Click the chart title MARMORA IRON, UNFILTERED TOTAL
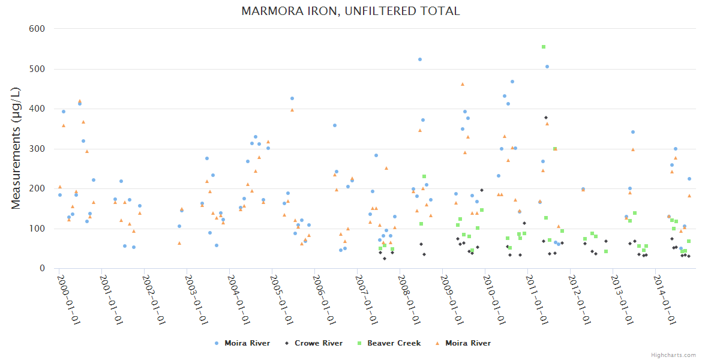pos(350,11)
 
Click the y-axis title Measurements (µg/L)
pos(16,148)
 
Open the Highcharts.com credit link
pos(673,355)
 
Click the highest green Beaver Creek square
pos(544,47)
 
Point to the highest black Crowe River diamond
pos(546,118)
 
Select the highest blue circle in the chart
pos(420,59)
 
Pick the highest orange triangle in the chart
pos(463,84)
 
